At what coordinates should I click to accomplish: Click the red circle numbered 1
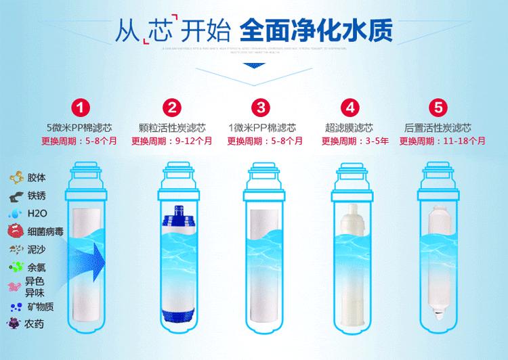pos(82,108)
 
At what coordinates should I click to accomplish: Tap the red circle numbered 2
pos(172,108)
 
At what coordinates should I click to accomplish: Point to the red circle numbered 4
pos(350,108)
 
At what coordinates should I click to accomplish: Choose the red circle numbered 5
pos(439,108)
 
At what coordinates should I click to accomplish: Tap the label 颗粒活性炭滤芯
pos(172,127)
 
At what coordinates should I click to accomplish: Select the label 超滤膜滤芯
pos(350,127)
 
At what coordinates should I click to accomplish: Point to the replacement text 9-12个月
pos(193,141)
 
